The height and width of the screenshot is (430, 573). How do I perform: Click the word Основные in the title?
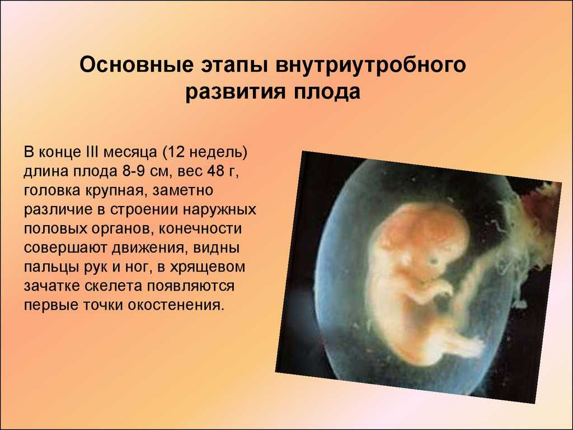tap(137, 65)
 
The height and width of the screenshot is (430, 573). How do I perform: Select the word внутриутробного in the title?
tap(370, 66)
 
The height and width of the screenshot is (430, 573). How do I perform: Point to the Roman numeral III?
tap(91, 152)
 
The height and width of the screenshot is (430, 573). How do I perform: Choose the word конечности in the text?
tap(200, 229)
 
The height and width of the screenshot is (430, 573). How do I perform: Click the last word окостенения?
tap(175, 305)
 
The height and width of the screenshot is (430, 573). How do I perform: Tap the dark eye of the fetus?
tap(434, 261)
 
